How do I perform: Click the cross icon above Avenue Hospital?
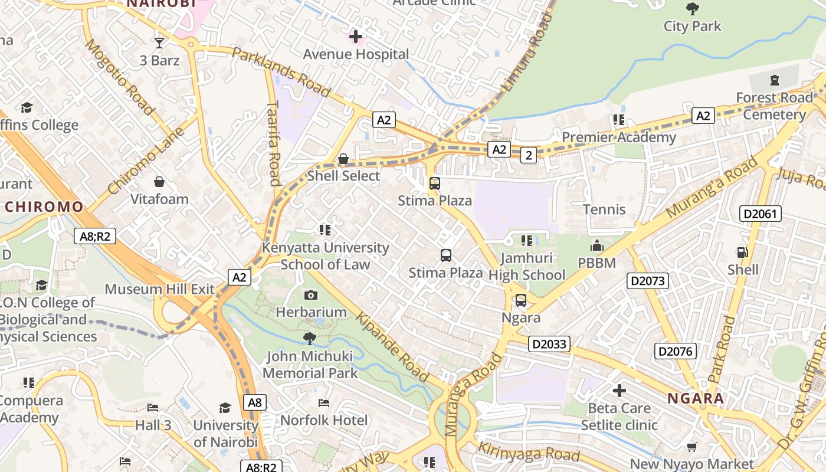[x=356, y=37]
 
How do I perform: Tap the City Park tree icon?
[x=693, y=9]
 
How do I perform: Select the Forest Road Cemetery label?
[x=774, y=106]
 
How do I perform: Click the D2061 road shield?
[x=761, y=214]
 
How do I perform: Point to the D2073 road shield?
[x=648, y=281]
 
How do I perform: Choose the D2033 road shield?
[x=549, y=344]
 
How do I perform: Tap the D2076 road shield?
[x=676, y=352]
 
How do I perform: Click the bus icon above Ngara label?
[x=521, y=300]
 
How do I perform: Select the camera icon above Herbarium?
[x=311, y=295]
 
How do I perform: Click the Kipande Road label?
[x=392, y=347]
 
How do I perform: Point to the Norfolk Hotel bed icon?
[x=324, y=403]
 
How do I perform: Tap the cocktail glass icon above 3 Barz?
[x=159, y=42]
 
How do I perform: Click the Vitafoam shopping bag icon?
[x=159, y=182]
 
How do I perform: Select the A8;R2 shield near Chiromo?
[x=95, y=237]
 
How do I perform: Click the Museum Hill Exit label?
[x=160, y=289]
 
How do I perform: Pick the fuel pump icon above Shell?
[x=743, y=253]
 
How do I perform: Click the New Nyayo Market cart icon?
[x=691, y=447]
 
